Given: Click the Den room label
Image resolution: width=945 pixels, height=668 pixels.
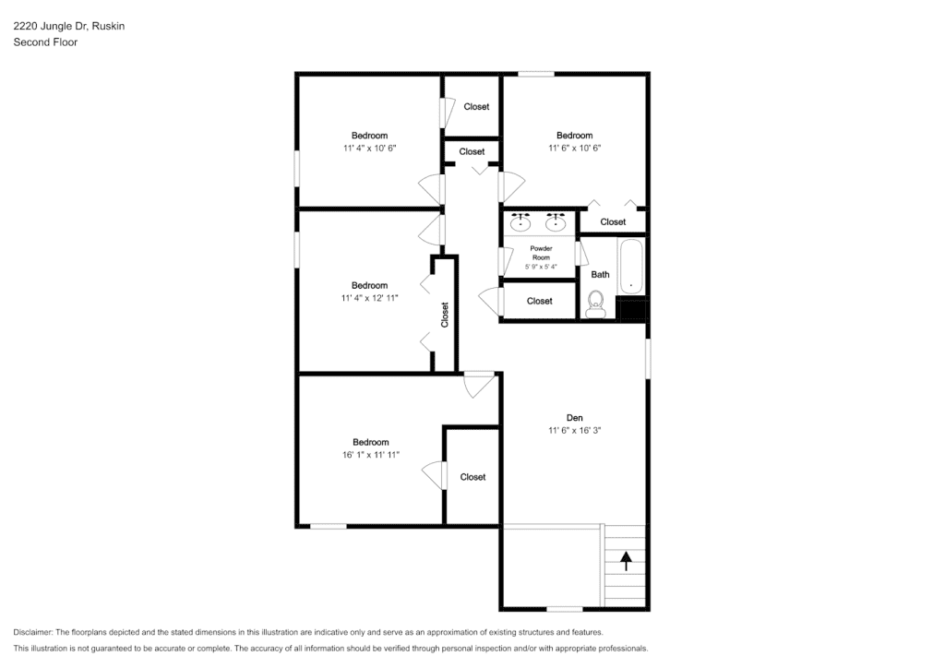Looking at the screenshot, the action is coord(574,417).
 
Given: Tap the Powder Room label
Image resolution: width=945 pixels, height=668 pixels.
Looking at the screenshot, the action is coord(541,253).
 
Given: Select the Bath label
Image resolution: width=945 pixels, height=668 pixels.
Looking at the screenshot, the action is coord(600,275).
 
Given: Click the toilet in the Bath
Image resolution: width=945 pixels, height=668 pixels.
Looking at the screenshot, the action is coord(596,304).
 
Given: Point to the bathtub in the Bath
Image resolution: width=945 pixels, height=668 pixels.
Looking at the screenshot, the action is coord(631,267).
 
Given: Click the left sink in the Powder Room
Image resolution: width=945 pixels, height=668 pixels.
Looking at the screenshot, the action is coord(520,222).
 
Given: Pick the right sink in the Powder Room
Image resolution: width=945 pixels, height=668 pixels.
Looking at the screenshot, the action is coord(555,222).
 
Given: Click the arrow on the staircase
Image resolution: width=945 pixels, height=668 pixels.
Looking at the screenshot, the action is coord(627,561).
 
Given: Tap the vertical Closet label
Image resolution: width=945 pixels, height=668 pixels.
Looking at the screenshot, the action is coord(445,315).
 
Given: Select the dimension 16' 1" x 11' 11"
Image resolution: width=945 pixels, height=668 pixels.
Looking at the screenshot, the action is coord(371,455).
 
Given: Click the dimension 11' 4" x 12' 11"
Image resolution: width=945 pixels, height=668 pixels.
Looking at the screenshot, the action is coord(369,298).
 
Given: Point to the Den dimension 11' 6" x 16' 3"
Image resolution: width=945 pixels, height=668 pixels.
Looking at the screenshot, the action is coord(574,430).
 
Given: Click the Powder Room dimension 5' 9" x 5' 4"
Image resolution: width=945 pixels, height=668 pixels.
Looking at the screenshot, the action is coord(541,267).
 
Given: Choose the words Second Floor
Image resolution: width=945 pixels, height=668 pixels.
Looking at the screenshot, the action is coord(45,42).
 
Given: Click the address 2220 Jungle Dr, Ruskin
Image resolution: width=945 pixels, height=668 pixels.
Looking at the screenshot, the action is coord(68,26).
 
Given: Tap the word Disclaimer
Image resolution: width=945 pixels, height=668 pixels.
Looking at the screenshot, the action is coord(32,632).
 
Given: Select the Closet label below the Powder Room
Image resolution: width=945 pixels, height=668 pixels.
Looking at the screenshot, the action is coord(539,301).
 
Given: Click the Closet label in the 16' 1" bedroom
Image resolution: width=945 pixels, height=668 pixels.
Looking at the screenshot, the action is coord(472,477).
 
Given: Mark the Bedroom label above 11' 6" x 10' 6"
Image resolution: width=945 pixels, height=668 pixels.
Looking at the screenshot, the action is coord(574,136).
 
